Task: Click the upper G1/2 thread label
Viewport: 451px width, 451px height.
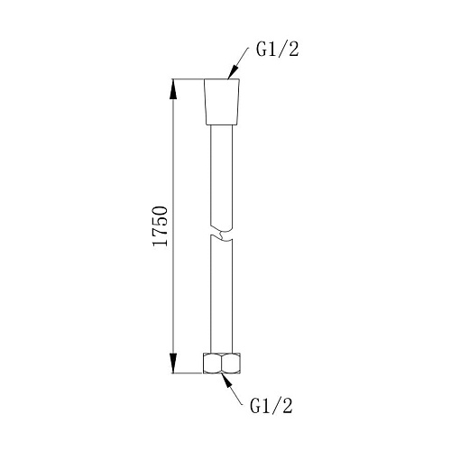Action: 278,51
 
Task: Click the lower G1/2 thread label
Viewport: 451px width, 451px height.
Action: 272,406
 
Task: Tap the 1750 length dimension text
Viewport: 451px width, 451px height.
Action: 160,226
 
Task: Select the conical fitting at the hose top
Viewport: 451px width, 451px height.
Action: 222,102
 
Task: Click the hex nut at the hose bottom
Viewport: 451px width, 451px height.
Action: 222,364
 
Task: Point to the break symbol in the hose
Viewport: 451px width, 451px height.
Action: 222,235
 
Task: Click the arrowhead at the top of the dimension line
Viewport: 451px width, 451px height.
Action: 173,89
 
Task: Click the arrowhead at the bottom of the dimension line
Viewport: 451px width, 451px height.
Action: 173,364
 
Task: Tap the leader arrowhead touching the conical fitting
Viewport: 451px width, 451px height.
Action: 233,72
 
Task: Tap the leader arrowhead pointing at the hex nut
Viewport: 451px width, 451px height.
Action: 227,381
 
